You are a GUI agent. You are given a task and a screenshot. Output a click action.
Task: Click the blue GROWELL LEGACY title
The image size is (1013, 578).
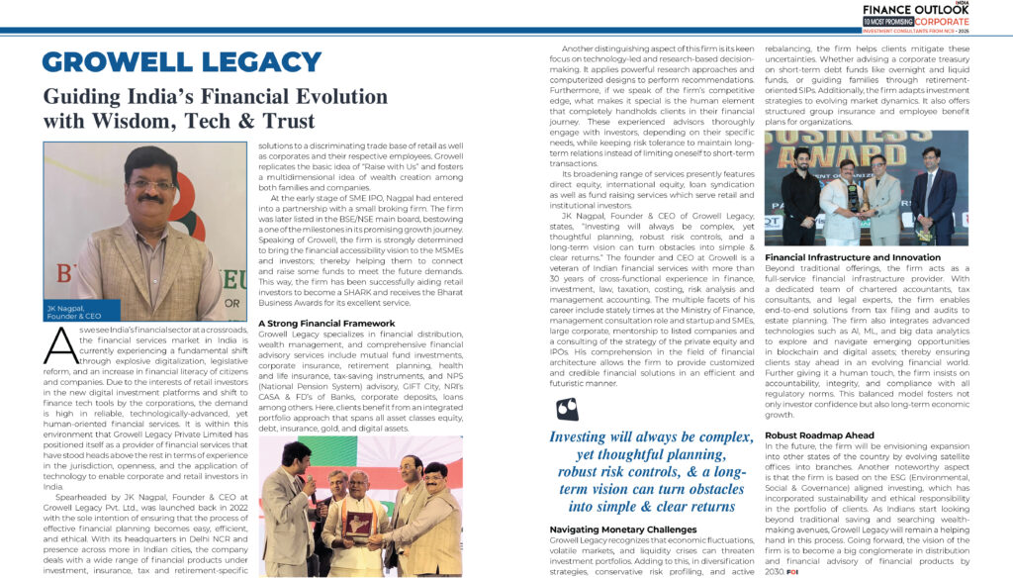182,62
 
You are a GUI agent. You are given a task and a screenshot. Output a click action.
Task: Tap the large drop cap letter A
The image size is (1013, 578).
59,346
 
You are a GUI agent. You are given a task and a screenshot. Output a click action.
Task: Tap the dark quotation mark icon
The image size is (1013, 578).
567,409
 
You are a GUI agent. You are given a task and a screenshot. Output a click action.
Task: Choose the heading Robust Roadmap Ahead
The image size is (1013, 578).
818,434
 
